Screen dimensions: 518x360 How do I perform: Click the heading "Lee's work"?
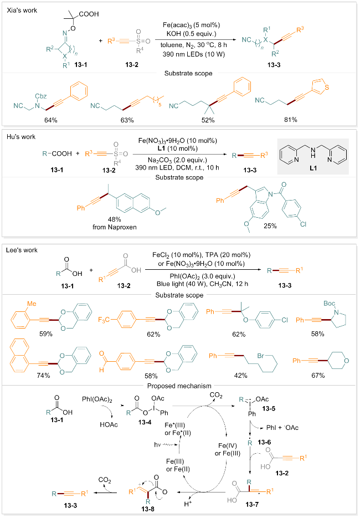tap(19, 250)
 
